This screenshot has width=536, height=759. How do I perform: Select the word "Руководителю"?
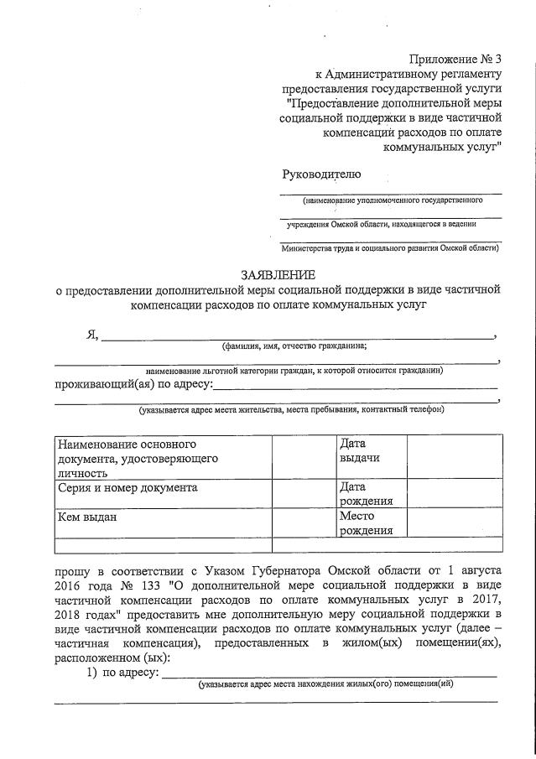pos(321,174)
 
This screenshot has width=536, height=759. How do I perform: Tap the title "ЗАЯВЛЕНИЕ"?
pos(278,274)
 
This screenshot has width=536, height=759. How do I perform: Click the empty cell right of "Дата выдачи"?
pos(455,455)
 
